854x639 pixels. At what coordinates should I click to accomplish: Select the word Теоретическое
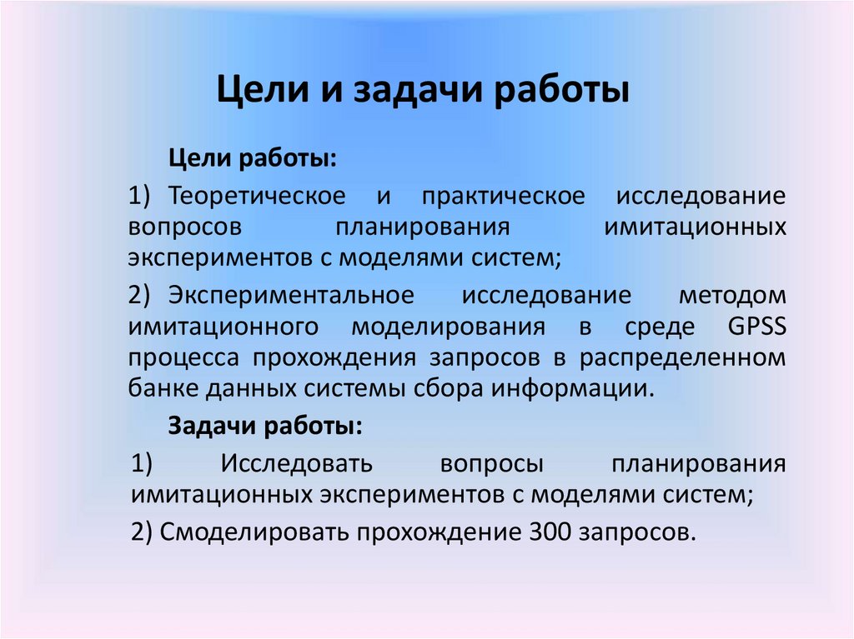tap(257, 197)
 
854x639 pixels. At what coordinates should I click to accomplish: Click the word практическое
tap(502, 197)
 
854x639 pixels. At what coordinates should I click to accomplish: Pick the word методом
tap(732, 297)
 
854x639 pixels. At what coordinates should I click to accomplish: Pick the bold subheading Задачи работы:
tap(265, 426)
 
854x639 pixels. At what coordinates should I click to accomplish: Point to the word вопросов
tap(186, 227)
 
